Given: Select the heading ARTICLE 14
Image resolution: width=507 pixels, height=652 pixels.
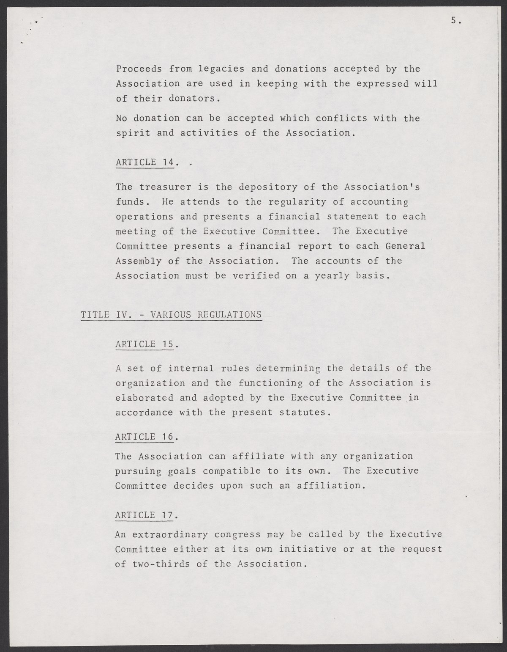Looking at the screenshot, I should pyautogui.click(x=144, y=162).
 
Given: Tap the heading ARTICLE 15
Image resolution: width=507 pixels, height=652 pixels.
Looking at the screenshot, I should pyautogui.click(x=144, y=344).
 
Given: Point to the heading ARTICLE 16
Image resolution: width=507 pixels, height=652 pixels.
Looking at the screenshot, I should pyautogui.click(x=144, y=437).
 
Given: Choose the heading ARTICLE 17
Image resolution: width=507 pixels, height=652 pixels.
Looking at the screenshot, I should pyautogui.click(x=144, y=515).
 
